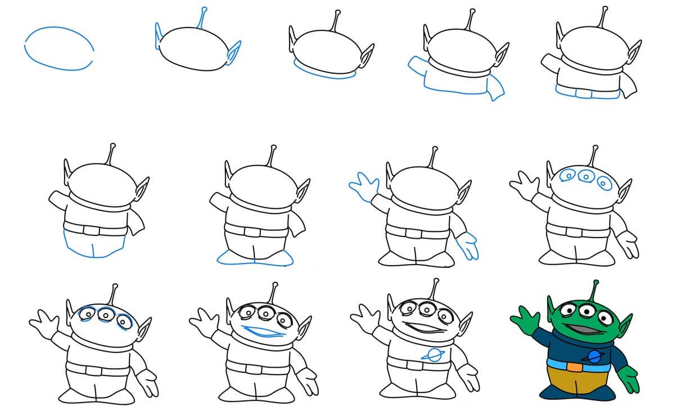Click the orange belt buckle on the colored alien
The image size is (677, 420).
574,367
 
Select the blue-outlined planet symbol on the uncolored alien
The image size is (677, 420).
434,355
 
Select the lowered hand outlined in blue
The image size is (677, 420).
468,245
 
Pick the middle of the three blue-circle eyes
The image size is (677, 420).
586,177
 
